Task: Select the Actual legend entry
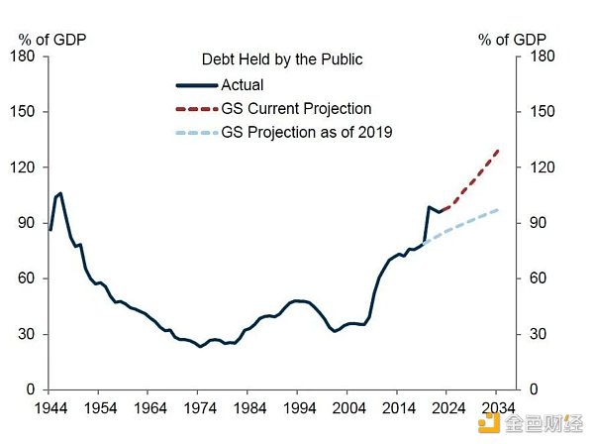click(243, 85)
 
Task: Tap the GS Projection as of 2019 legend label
click(307, 133)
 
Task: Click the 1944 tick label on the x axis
click(51, 406)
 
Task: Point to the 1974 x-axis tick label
click(200, 406)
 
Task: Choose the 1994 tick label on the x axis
click(299, 406)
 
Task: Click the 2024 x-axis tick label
click(447, 406)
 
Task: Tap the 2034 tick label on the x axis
click(497, 406)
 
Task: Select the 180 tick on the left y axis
click(25, 56)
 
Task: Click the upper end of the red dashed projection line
click(498, 150)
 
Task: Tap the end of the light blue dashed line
click(498, 210)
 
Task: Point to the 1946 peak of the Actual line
click(60, 193)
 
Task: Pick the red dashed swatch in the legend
click(196, 109)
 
